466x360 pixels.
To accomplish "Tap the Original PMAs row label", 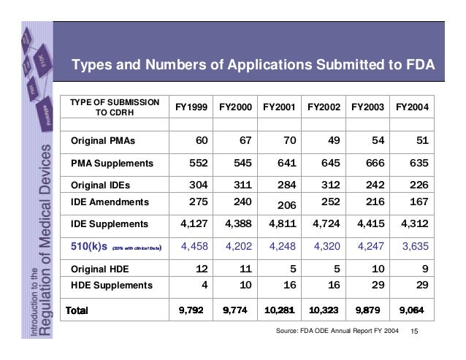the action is coord(103,139).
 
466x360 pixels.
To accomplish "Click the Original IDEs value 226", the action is coord(419,185).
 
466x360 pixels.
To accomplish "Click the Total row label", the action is coord(82,310).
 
